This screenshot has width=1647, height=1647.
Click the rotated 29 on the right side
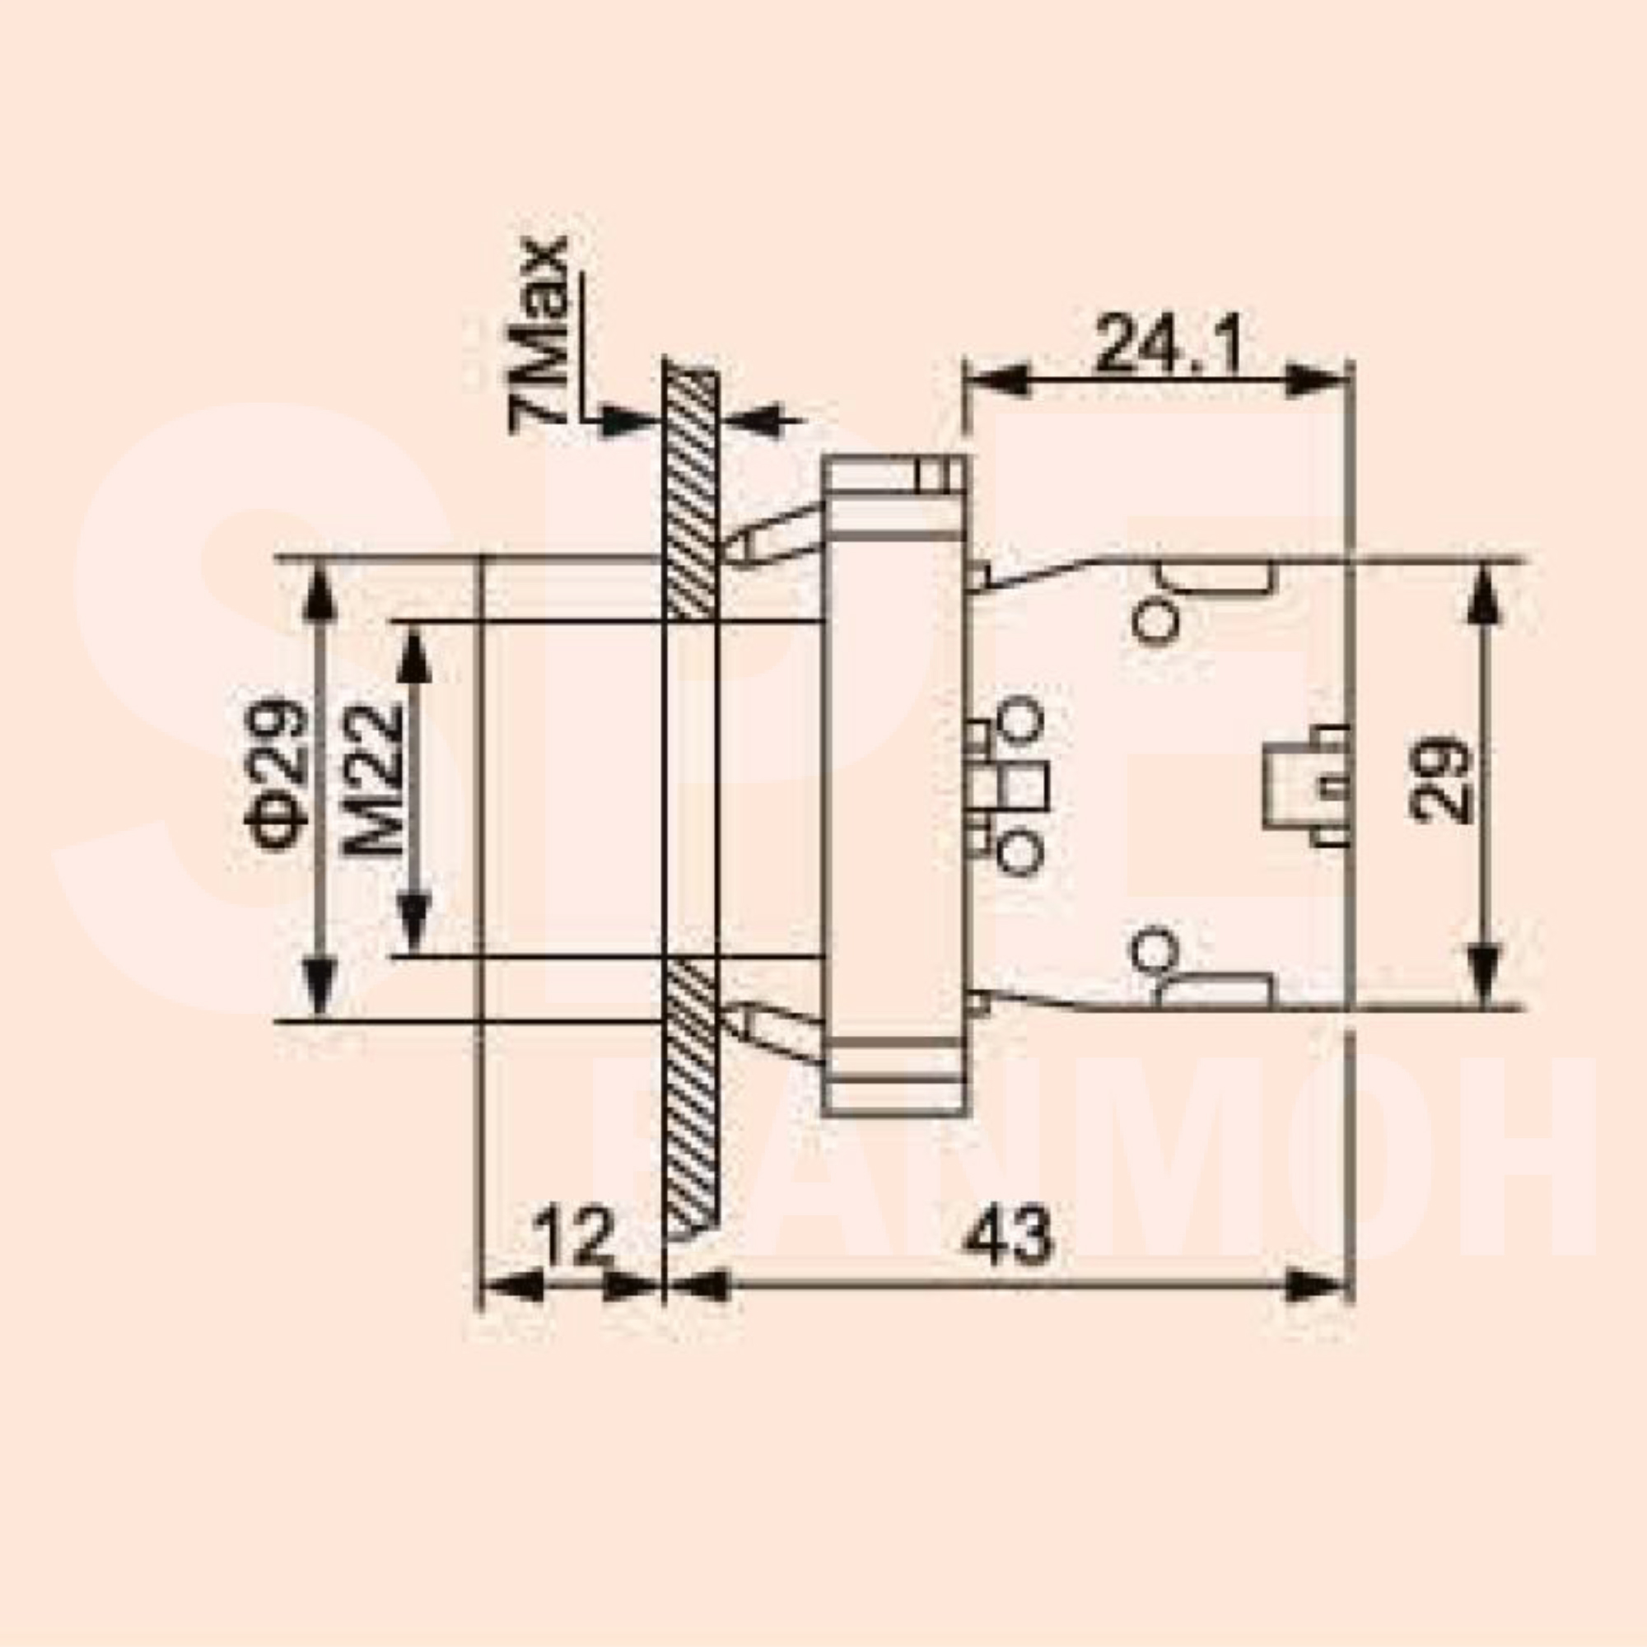pyautogui.click(x=1439, y=780)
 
